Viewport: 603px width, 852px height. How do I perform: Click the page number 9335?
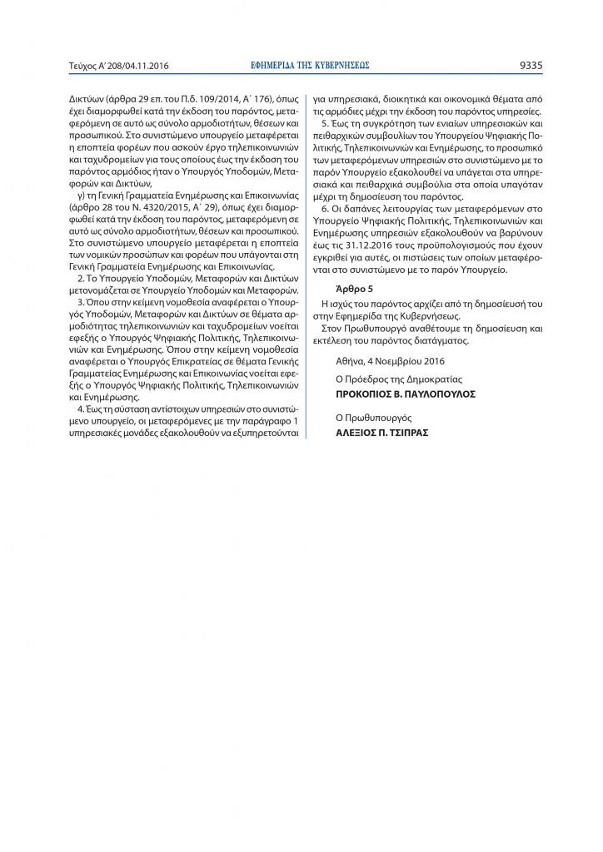click(x=531, y=64)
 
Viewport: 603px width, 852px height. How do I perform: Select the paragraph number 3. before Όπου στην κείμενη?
click(x=81, y=302)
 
